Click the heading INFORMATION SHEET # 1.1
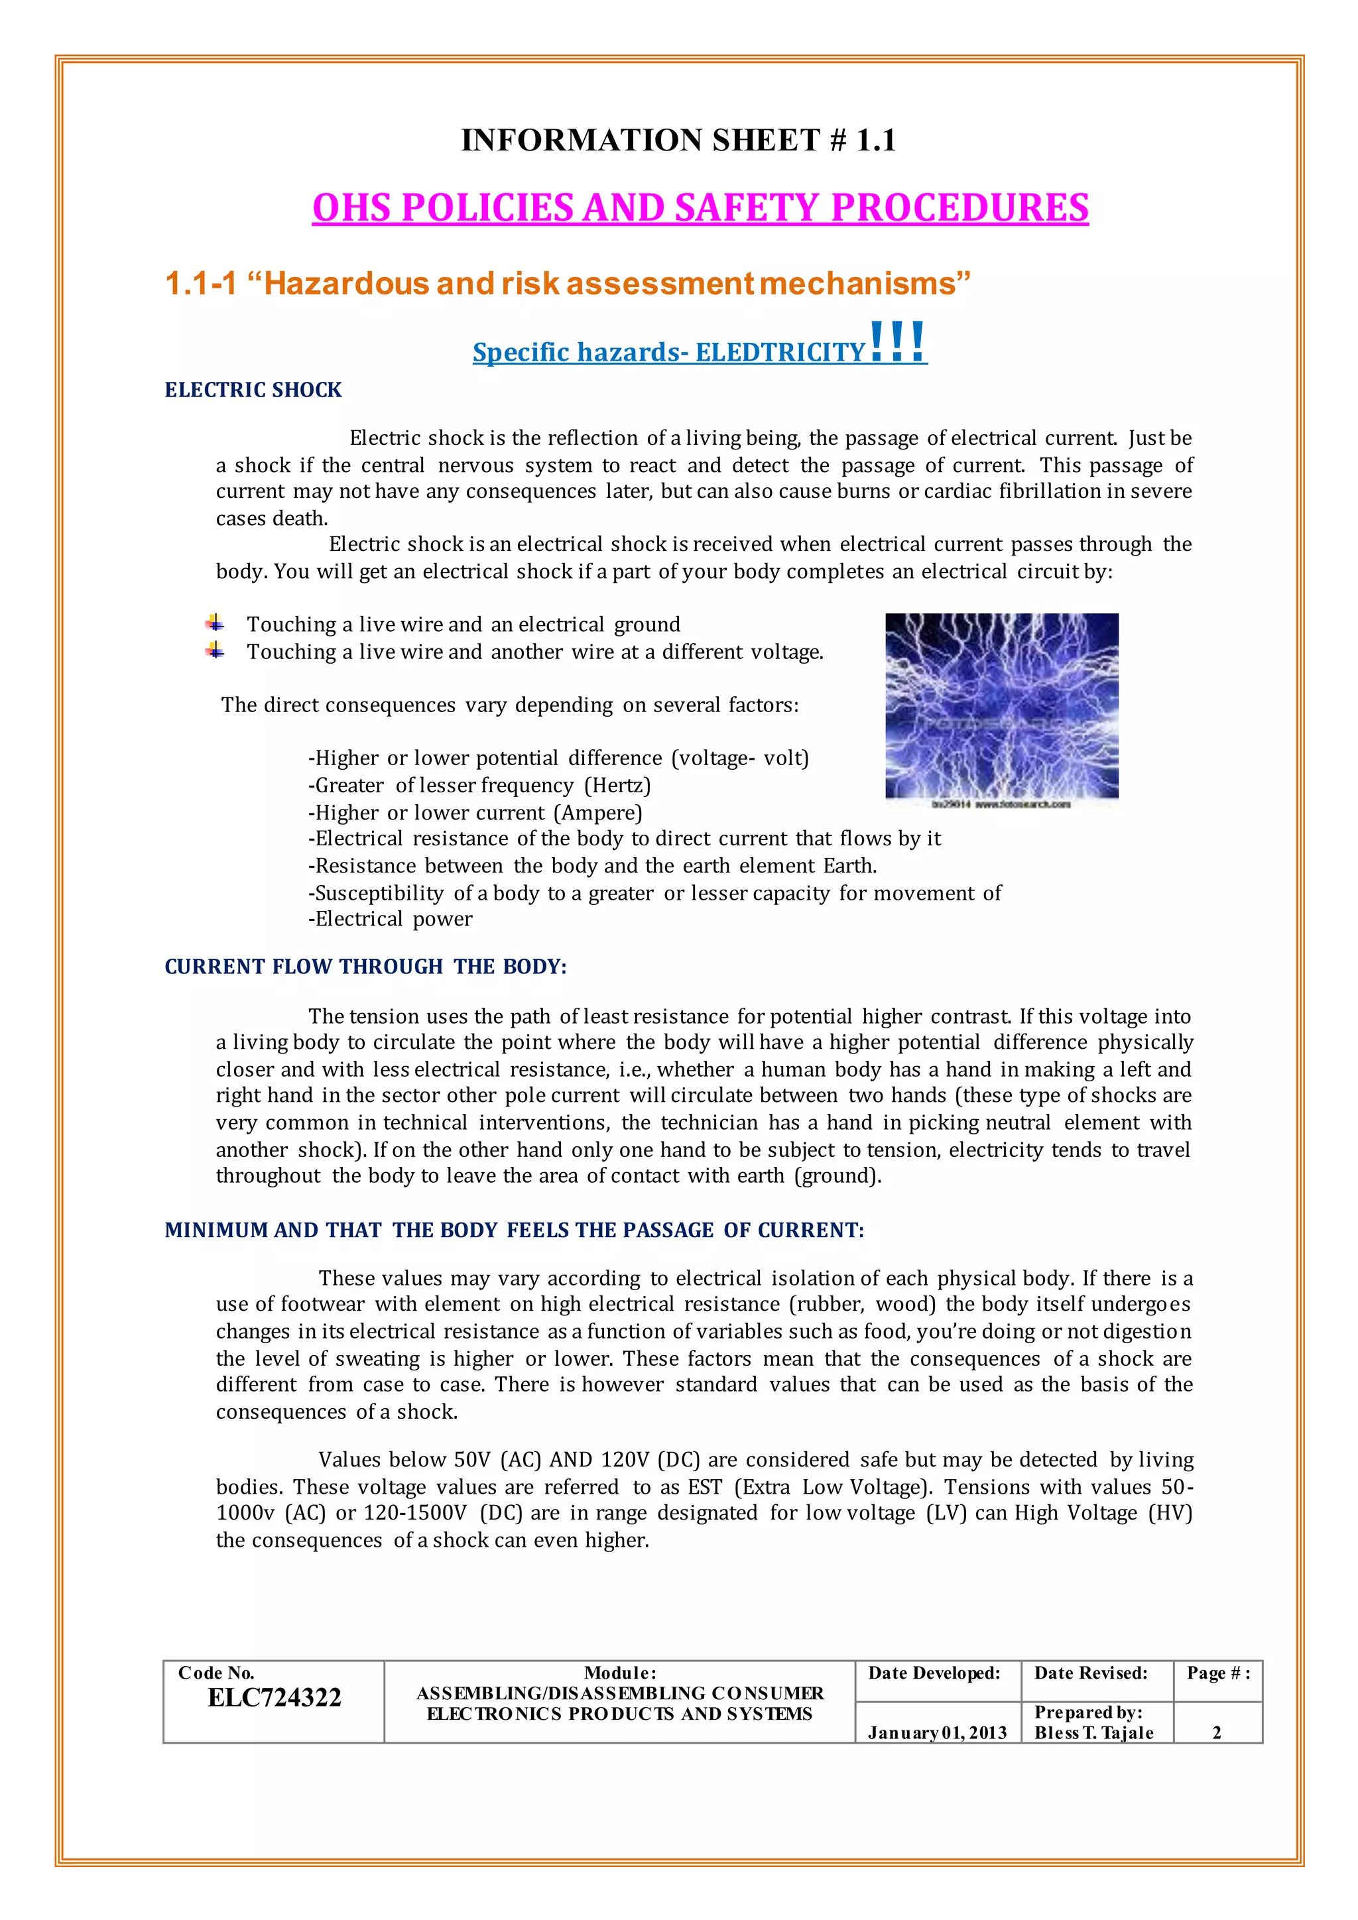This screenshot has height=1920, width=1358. pos(678,141)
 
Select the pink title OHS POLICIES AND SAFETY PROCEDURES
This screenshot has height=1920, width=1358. pos(700,208)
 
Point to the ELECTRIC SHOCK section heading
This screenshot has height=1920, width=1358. pos(253,390)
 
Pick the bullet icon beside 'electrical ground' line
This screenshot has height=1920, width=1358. pos(215,623)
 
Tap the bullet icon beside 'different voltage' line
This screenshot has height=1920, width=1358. pos(215,650)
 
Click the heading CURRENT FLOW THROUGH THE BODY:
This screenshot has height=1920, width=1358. pos(365,967)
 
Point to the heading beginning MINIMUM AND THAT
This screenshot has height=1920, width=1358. pos(515,1230)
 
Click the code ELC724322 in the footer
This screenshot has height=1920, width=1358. pos(275,1697)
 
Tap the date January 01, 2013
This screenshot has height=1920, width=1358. pos(936,1732)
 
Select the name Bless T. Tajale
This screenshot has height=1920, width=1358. pos(1093,1732)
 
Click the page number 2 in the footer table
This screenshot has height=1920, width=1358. pos(1217,1732)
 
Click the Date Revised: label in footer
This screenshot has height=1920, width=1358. pos(1090,1673)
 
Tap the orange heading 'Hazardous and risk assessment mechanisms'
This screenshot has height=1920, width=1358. pos(568,284)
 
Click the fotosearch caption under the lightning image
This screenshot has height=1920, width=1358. pos(1001,804)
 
